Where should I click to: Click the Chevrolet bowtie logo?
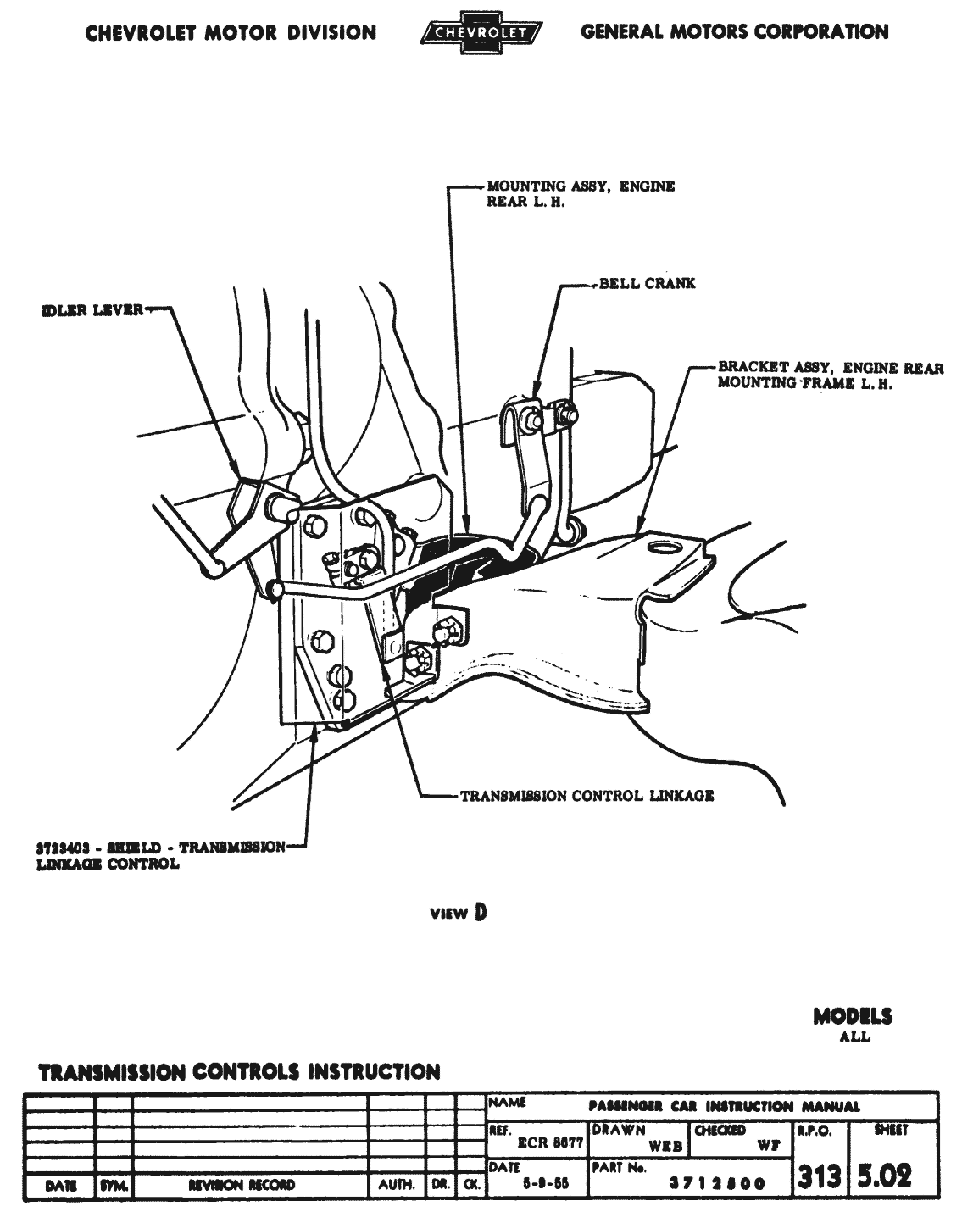coord(480,33)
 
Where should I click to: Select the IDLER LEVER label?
coord(92,310)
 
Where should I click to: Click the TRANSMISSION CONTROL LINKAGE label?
coord(587,796)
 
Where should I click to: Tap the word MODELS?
coord(853,1016)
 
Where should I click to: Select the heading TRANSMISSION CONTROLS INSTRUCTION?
coord(240,1072)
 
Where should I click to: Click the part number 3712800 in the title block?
coord(717,1183)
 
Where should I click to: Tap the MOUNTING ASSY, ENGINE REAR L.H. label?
coord(580,193)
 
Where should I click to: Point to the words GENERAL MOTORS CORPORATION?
coord(735,32)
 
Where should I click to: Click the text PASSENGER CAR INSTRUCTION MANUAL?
coord(724,1106)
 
